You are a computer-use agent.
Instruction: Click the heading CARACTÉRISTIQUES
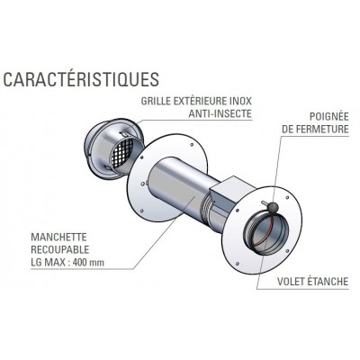pyautogui.click(x=81, y=79)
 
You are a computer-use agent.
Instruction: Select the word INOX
pyautogui.click(x=240, y=101)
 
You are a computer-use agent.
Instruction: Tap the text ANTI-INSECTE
pyautogui.click(x=220, y=113)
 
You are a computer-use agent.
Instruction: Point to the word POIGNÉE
pyautogui.click(x=329, y=116)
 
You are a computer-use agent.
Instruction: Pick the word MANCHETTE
pyautogui.click(x=58, y=237)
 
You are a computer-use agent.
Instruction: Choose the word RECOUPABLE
pyautogui.click(x=60, y=249)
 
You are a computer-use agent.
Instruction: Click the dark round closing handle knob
pyautogui.click(x=274, y=207)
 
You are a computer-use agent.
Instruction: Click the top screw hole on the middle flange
pyautogui.click(x=192, y=145)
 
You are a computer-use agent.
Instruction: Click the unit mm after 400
pyautogui.click(x=98, y=264)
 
